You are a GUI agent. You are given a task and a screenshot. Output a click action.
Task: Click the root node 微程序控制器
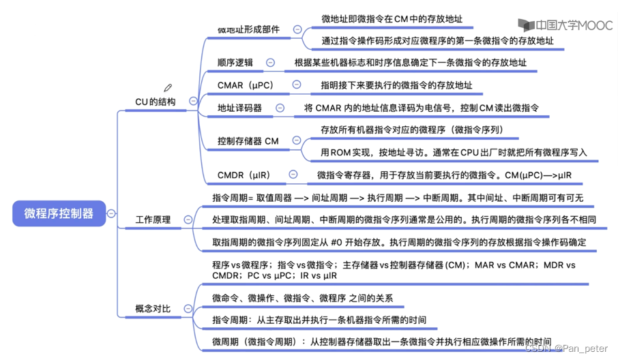click(x=59, y=213)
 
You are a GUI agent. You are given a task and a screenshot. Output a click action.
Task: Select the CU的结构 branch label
click(x=155, y=102)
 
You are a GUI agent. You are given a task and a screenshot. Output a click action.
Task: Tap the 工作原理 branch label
click(x=153, y=220)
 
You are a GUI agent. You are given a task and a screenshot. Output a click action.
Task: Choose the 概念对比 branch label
click(x=153, y=309)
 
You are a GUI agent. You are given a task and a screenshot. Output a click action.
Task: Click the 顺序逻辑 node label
click(x=235, y=62)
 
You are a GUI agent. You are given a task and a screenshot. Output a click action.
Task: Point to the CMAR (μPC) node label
click(x=245, y=85)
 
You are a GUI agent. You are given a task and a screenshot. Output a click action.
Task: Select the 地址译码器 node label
click(x=239, y=108)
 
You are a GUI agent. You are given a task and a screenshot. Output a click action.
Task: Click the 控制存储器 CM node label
click(x=248, y=140)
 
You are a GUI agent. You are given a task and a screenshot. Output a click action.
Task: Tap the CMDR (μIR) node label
click(x=244, y=175)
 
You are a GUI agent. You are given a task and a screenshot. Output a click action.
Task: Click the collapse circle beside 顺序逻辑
click(x=271, y=62)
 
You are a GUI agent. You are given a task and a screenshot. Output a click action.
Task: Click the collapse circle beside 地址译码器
click(x=278, y=108)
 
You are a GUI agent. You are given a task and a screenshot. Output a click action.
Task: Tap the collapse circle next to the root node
click(x=111, y=213)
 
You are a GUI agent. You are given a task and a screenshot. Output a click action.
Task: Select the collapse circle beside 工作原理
click(x=186, y=220)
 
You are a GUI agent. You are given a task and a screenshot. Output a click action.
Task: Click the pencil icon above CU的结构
click(x=168, y=88)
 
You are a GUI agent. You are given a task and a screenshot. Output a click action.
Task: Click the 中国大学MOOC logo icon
click(x=527, y=25)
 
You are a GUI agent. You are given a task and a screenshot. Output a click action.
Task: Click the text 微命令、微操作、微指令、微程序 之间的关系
click(x=302, y=298)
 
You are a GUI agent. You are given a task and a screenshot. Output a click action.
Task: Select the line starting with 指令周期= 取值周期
click(x=398, y=198)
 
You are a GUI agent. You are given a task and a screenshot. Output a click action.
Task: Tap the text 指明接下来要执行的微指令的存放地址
click(x=396, y=85)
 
